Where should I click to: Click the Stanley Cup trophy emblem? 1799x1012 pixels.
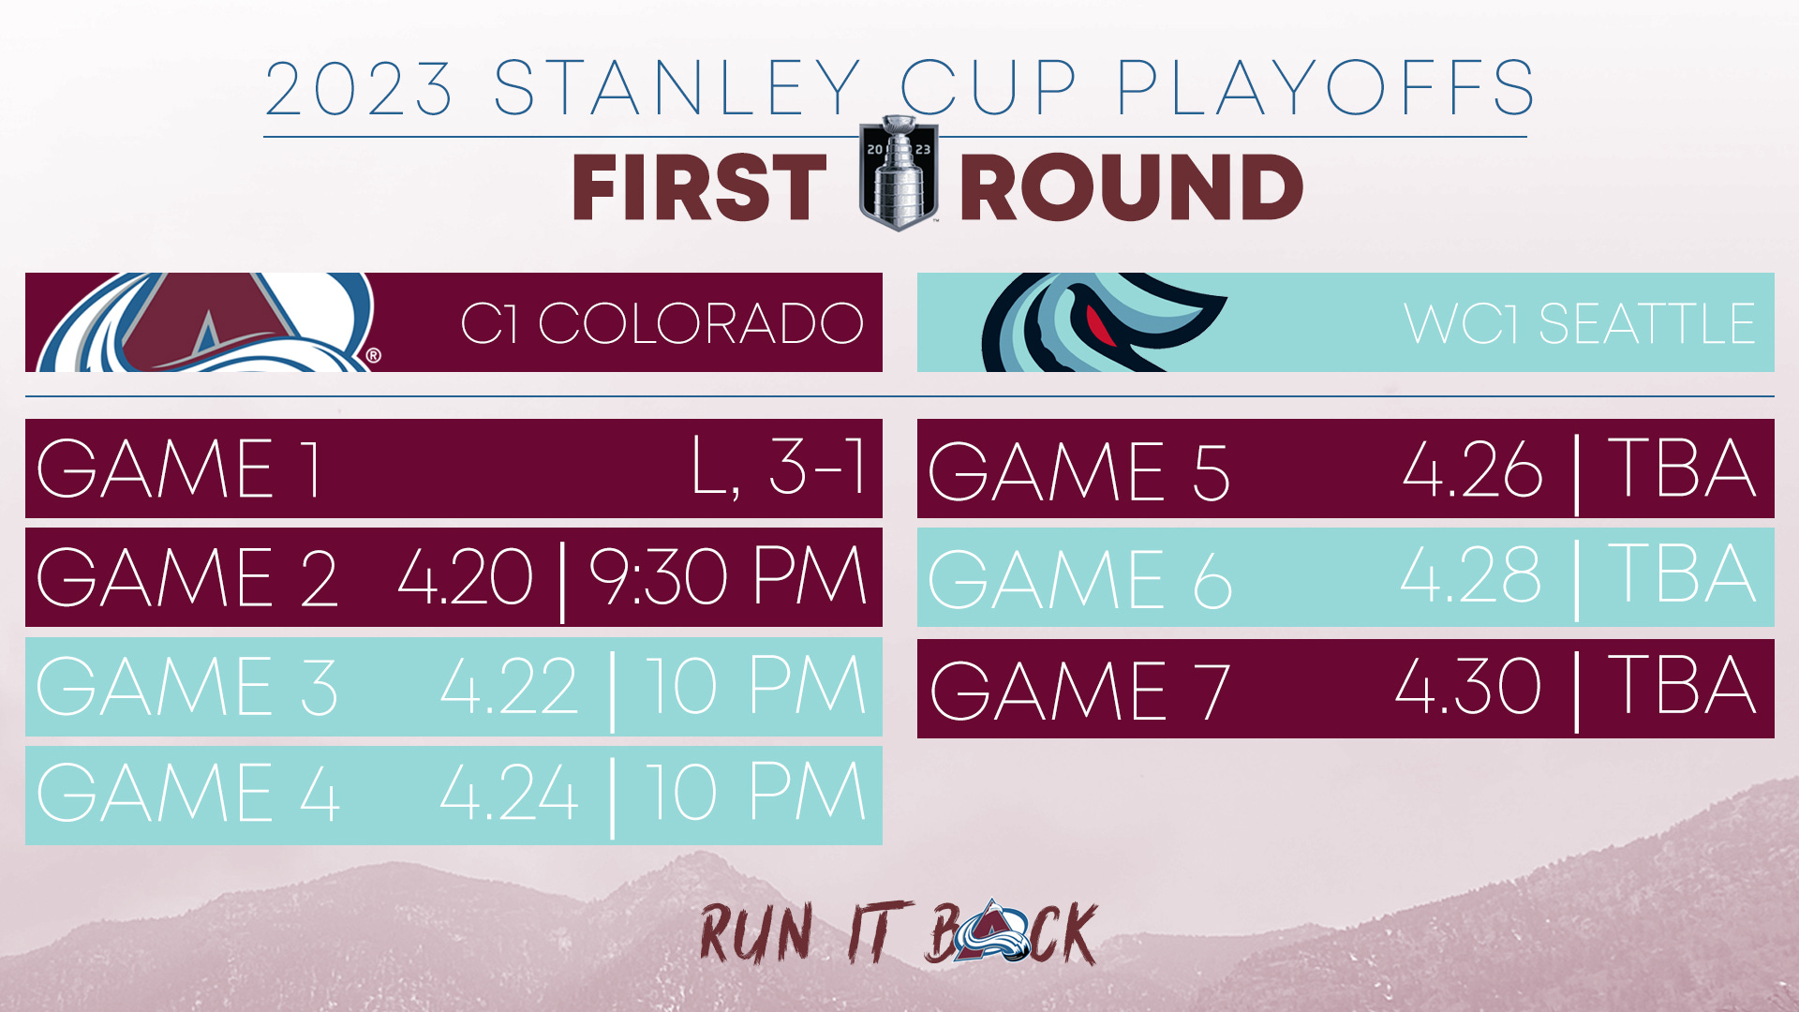click(x=899, y=173)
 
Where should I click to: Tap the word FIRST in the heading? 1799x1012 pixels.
click(x=699, y=187)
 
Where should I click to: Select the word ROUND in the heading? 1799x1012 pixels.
click(x=1132, y=187)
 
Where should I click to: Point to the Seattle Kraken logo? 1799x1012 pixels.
click(x=1102, y=322)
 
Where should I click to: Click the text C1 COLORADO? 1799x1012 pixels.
click(x=662, y=323)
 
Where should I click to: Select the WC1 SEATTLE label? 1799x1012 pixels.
click(x=1579, y=323)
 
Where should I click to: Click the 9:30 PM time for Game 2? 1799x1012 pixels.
click(x=728, y=576)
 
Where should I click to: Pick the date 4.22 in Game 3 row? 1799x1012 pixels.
click(x=509, y=686)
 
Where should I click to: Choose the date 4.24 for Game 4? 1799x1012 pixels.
click(x=509, y=793)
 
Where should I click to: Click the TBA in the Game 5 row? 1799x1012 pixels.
click(x=1682, y=468)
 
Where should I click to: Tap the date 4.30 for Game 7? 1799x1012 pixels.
click(x=1468, y=685)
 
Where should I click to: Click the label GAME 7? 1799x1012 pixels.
click(x=1079, y=691)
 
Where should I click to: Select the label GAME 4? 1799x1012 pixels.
click(x=187, y=793)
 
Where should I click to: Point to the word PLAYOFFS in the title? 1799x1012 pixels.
click(x=1325, y=88)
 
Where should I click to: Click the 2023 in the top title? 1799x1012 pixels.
click(x=359, y=88)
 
